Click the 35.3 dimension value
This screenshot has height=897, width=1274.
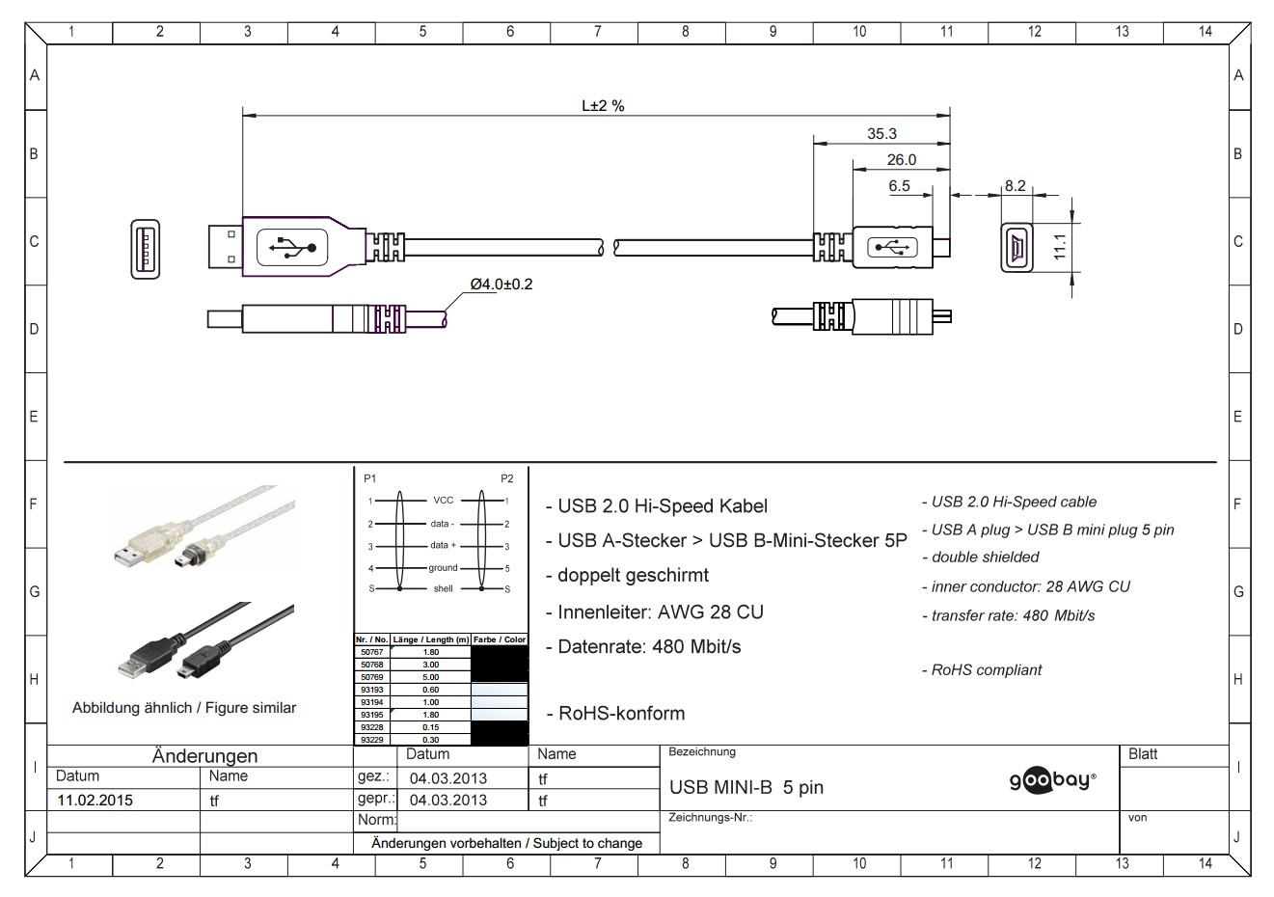[881, 134]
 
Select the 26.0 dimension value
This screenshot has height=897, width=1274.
[901, 160]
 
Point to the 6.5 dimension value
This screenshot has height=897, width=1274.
[899, 186]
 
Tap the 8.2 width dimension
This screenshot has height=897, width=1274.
[1015, 186]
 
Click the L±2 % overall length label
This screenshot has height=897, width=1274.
[602, 106]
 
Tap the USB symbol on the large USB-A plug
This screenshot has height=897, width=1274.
[293, 248]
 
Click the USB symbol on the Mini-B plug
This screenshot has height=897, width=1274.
[891, 248]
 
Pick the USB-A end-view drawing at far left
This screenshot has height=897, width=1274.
[145, 250]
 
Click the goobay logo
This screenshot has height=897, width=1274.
[1052, 781]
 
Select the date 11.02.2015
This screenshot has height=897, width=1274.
[95, 800]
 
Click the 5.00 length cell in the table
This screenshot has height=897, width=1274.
[430, 677]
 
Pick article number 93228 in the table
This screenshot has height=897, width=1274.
[372, 727]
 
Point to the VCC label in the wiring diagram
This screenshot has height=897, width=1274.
[443, 501]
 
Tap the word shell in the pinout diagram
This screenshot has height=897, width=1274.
[443, 588]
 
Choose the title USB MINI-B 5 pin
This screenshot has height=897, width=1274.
[746, 787]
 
